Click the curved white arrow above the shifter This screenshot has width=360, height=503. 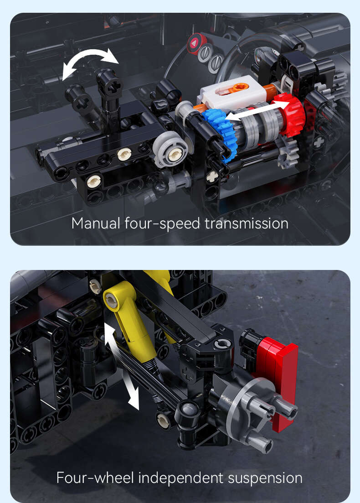(x=90, y=61)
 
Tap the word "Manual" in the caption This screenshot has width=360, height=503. (x=96, y=223)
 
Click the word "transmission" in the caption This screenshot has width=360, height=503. (x=246, y=223)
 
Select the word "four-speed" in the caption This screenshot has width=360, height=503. (x=162, y=224)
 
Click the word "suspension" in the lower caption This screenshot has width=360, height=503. (x=265, y=478)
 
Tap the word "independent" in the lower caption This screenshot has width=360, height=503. (x=181, y=478)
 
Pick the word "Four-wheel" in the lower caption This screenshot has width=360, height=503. (x=95, y=477)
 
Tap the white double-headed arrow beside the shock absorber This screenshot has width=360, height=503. (x=122, y=366)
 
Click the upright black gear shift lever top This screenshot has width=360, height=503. (x=109, y=84)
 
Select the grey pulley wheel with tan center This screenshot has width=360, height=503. (x=170, y=149)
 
